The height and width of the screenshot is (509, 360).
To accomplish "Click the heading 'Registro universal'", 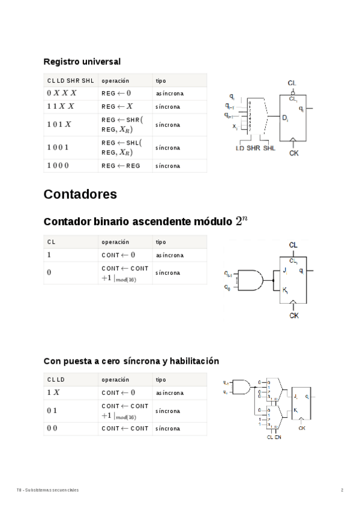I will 82,61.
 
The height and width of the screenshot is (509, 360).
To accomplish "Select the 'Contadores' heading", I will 80,194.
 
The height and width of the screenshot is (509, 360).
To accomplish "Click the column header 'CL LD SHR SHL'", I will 70,80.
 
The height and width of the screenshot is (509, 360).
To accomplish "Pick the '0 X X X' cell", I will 61,94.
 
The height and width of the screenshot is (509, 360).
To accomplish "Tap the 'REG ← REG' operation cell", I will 120,166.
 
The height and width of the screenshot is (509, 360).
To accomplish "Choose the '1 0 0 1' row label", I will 58,147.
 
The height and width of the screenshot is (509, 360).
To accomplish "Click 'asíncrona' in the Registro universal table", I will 169,94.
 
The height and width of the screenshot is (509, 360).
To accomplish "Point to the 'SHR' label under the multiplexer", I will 253,148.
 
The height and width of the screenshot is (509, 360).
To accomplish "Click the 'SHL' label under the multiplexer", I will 269,148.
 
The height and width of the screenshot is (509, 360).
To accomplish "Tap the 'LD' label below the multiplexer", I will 239,148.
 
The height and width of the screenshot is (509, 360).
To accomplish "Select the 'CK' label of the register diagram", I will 294,153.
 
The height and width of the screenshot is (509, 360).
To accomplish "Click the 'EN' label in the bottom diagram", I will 278,437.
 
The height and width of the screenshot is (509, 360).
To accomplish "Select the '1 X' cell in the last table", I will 53,393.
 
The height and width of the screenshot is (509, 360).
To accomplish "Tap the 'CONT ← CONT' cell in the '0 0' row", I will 124,429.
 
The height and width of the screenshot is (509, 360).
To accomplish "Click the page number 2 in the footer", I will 342,490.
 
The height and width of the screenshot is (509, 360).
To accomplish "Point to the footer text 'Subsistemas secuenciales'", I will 53,490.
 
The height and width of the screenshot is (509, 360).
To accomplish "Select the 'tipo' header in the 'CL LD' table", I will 161,379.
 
